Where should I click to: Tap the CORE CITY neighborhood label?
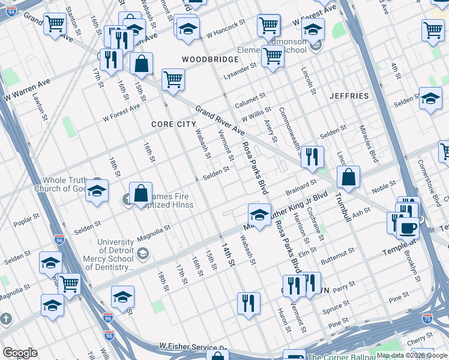click(x=173, y=124)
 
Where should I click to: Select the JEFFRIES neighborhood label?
click(x=349, y=96)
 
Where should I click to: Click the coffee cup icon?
click(x=408, y=229)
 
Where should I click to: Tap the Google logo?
click(x=20, y=353)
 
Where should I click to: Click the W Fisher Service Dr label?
click(x=193, y=347)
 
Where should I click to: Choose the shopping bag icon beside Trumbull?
click(x=349, y=177)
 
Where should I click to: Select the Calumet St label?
click(x=250, y=98)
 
